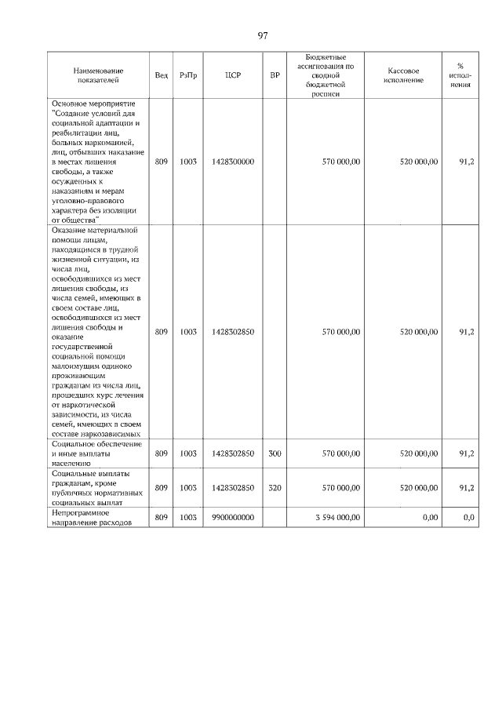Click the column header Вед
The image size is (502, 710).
coord(161,75)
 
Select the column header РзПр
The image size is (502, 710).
coord(187,75)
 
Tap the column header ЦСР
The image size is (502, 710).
coord(232,75)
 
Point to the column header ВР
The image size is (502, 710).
coord(275,75)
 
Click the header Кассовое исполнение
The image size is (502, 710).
coord(403,75)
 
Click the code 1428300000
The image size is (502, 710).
coord(233,162)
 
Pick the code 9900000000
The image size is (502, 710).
coord(233,517)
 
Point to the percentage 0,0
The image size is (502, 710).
coord(468,517)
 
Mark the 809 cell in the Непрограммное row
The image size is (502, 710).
coord(161,517)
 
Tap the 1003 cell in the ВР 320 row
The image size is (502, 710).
coord(187,488)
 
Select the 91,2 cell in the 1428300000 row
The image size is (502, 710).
coord(467,162)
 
